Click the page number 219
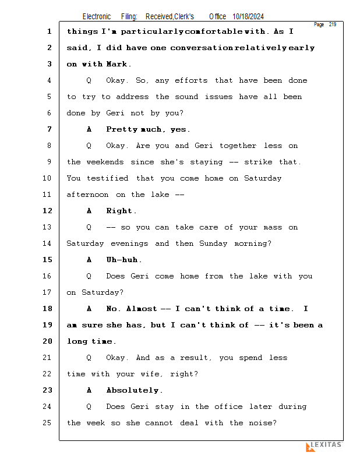tap(333, 24)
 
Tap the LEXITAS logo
tap(324, 446)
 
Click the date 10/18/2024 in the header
tap(248, 16)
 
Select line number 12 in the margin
tap(48, 211)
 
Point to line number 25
tap(47, 423)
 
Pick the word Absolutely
tap(132, 390)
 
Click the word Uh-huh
tap(122, 260)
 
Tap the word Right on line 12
tap(119, 211)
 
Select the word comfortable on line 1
tap(214, 31)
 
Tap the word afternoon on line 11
tap(87, 195)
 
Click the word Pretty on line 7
tap(122, 129)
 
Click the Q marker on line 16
tap(89, 276)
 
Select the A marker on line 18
tap(89, 309)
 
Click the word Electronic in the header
tap(97, 16)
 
